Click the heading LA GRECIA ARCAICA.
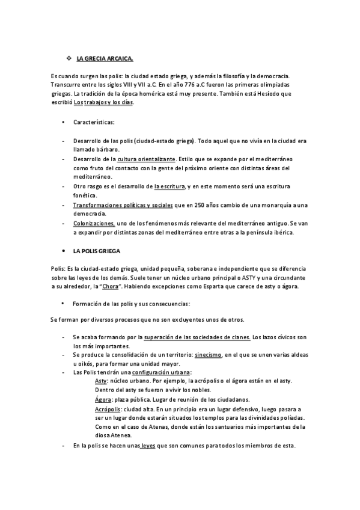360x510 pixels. tap(105, 58)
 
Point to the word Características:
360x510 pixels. tap(98, 123)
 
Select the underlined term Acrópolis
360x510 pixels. tap(109, 409)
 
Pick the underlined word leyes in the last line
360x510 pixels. tap(147, 446)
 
